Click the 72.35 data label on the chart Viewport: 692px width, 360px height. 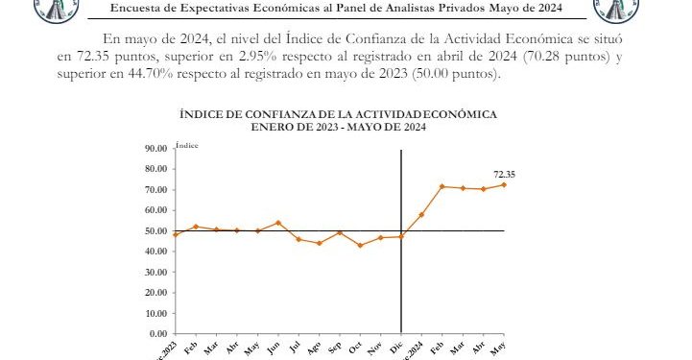click(x=505, y=174)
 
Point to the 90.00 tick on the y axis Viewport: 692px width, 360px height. click(x=155, y=149)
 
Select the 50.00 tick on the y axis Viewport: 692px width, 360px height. click(x=155, y=231)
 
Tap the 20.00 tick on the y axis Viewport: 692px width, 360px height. click(x=155, y=292)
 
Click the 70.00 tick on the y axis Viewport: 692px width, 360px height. click(x=155, y=190)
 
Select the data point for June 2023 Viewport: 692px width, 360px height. click(x=278, y=223)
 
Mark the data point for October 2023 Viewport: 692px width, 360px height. click(x=361, y=245)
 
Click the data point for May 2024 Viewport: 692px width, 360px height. click(x=504, y=184)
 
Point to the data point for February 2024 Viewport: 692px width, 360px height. click(x=442, y=186)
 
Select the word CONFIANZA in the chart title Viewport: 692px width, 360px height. click(x=274, y=114)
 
